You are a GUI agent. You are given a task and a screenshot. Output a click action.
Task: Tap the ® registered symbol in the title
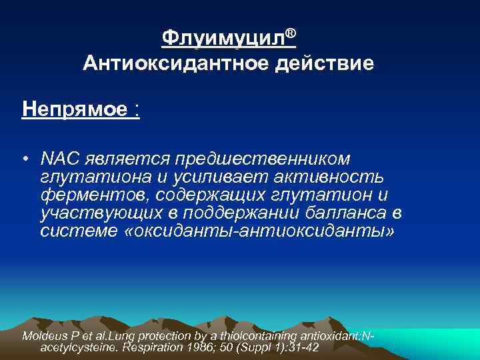291,33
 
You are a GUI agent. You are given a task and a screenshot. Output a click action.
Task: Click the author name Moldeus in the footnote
45,335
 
